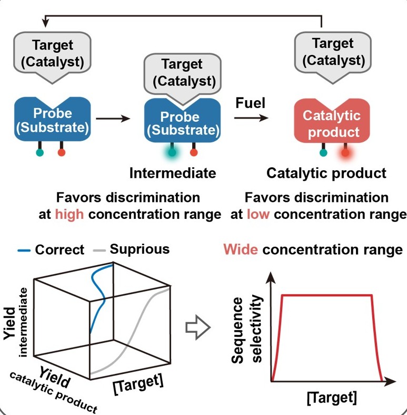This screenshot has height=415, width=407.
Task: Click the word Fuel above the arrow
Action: point(250,103)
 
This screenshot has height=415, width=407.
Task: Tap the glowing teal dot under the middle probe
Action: point(172,152)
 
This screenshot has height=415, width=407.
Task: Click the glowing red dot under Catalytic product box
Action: point(345,153)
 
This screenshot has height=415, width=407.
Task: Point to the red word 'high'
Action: point(70,214)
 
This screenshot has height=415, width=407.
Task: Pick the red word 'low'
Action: point(258,214)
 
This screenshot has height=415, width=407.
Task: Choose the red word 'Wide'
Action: point(241,249)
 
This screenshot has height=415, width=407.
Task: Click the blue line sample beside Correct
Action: point(24,250)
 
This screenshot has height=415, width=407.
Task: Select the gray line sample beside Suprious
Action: point(100,250)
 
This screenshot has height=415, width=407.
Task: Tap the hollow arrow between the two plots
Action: point(198,327)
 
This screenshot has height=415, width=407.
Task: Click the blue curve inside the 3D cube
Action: point(98,296)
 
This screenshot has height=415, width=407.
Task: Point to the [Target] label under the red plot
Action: point(332,397)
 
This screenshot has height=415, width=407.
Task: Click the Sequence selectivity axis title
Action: point(246,330)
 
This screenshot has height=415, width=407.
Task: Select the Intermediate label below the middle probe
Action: point(173,173)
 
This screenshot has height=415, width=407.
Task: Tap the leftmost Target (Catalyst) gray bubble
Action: point(52,57)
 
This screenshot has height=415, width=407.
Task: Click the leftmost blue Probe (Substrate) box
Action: point(52,119)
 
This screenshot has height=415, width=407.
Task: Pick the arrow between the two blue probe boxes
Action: point(113,118)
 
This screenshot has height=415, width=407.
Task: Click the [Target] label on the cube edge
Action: point(138,384)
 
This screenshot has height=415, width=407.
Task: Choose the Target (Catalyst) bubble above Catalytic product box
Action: point(333,57)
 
